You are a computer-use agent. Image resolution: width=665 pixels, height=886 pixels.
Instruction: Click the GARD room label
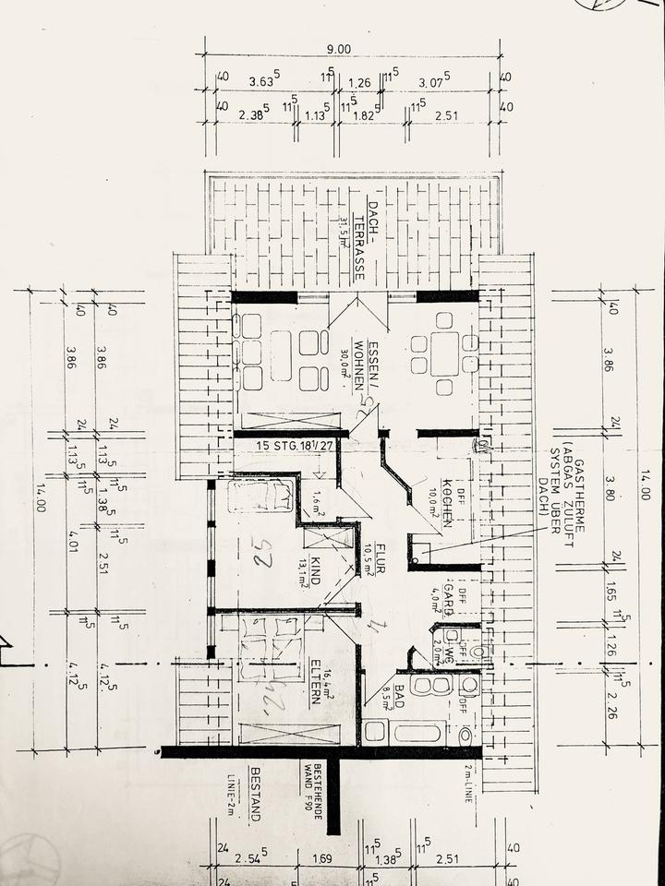click(x=447, y=598)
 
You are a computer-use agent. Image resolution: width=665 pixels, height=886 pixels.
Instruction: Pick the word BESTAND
click(x=257, y=793)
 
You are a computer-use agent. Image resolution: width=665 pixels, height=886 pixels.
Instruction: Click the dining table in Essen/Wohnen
click(x=444, y=353)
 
